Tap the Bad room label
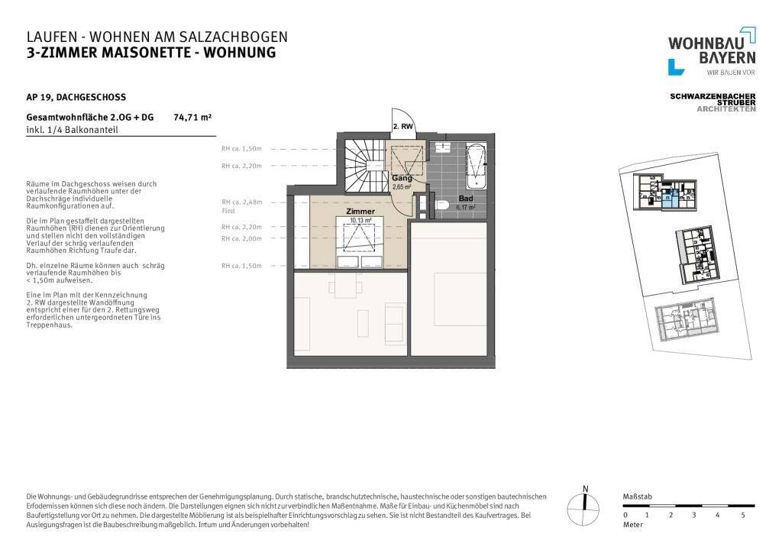(465, 199)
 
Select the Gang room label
(402, 178)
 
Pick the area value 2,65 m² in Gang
(402, 186)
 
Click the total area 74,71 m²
(192, 118)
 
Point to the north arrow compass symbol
(585, 503)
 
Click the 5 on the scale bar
(742, 516)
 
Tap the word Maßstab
(636, 496)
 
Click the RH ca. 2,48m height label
(241, 202)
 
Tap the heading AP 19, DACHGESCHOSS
(76, 97)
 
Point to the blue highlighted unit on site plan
(670, 201)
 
